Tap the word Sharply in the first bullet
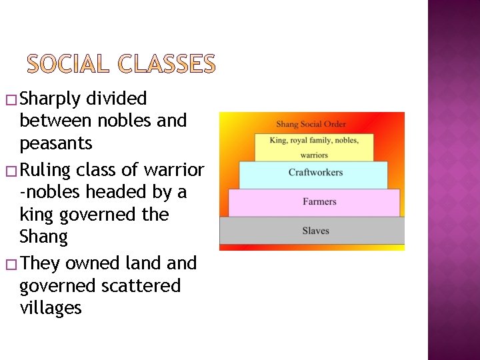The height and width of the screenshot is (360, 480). tap(51, 99)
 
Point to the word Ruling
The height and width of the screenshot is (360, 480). tap(45, 170)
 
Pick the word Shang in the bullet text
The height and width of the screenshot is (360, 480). tap(44, 237)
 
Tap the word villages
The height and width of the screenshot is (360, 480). tap(51, 308)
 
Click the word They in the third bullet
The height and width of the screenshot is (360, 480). tap(40, 263)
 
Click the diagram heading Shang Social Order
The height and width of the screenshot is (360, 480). tap(311, 124)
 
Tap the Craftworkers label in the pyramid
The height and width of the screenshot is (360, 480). tap(315, 173)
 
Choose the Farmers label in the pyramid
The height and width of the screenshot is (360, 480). tap(319, 201)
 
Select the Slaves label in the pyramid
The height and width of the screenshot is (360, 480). tap(315, 231)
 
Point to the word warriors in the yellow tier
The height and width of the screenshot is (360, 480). tap(313, 155)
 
